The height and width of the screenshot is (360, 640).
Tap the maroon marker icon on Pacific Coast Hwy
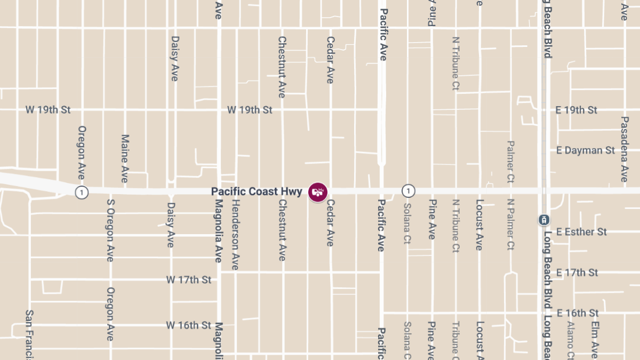(318, 191)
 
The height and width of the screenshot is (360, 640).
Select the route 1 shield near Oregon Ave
(81, 192)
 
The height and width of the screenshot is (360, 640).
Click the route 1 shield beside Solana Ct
(408, 191)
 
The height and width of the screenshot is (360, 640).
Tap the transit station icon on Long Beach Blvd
(543, 219)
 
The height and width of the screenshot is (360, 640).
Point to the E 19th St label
(576, 110)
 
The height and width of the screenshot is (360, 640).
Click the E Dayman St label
(585, 150)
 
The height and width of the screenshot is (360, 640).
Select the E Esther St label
(581, 232)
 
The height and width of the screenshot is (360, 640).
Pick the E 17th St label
(577, 273)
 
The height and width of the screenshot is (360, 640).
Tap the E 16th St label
(577, 313)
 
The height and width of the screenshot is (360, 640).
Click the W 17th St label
(188, 279)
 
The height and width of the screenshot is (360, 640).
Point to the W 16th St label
(188, 325)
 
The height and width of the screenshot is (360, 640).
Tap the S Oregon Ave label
(110, 230)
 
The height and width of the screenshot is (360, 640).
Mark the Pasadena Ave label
(624, 149)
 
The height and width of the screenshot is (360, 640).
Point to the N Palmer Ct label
(510, 225)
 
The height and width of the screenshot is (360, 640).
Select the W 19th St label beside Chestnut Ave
(250, 110)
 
